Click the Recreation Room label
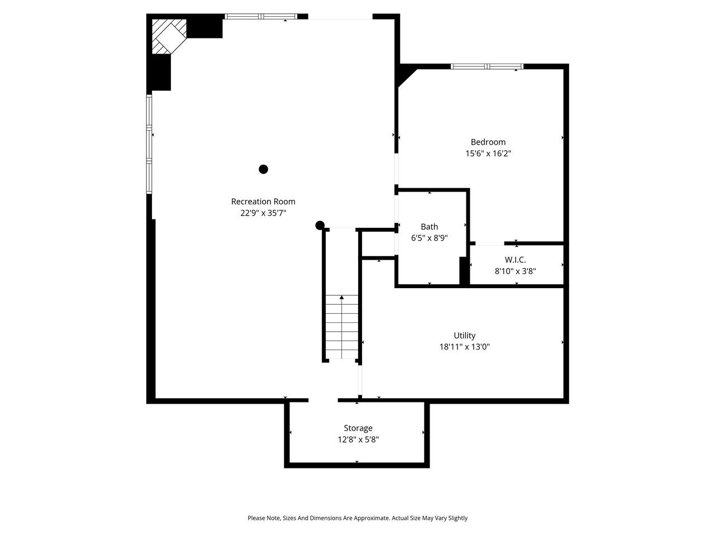coord(263,202)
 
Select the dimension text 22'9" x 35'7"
coord(263,213)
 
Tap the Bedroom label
coord(488,142)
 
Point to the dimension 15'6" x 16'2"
coord(488,153)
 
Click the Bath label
coord(429,227)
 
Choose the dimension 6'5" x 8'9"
coord(429,238)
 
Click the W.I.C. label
coord(515,260)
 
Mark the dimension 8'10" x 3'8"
coord(515,271)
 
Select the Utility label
coord(464,336)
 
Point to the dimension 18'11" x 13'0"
coord(464,347)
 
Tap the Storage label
coord(357,428)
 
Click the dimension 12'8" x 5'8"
coord(357,439)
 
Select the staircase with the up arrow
coord(341,327)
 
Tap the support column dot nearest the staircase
coord(320,226)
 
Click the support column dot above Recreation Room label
coord(263,169)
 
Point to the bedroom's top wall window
coord(487,66)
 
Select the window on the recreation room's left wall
coord(149,144)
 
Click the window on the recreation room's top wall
coord(260,17)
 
